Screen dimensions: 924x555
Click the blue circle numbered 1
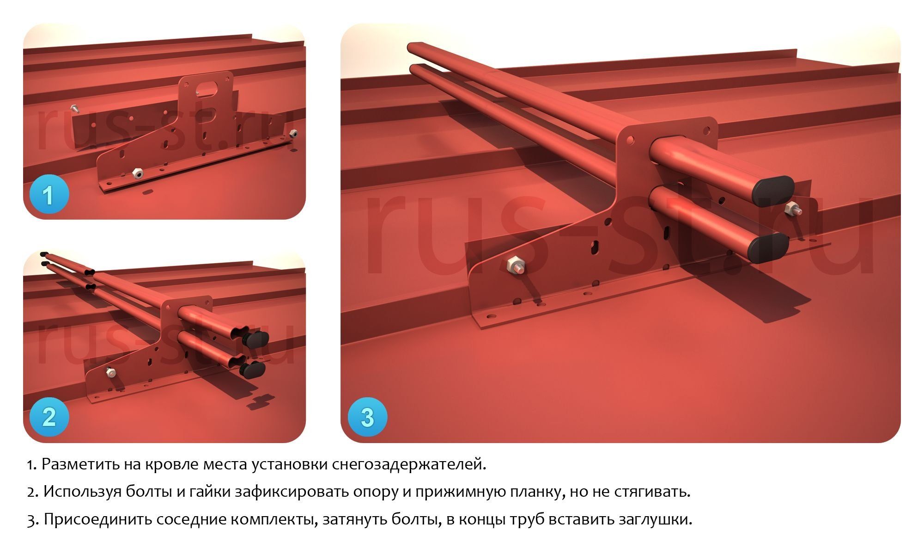click(x=49, y=195)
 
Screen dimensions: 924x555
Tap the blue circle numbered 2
click(x=49, y=417)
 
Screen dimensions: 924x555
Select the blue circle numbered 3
click(x=367, y=417)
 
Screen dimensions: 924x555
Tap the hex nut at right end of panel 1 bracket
click(x=293, y=133)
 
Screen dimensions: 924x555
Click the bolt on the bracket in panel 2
click(x=110, y=371)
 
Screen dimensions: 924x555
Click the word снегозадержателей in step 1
click(x=409, y=464)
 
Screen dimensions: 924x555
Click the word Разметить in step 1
click(x=80, y=464)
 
